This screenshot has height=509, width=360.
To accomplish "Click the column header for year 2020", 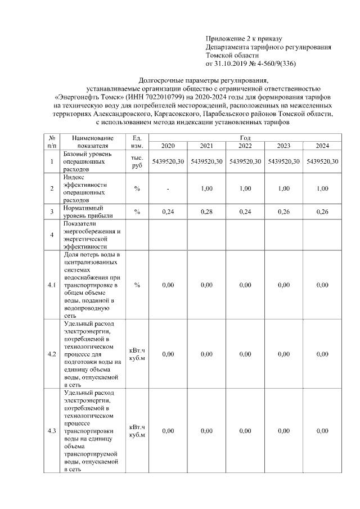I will point(168,146).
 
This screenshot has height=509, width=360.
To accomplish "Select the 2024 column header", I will point(322,146).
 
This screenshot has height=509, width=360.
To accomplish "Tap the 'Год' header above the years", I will point(245,138).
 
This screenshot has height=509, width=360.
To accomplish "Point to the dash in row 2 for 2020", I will point(168,188).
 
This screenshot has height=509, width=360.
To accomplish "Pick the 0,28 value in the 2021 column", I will point(206,211).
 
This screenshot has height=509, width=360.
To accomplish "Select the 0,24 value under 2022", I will point(245,211).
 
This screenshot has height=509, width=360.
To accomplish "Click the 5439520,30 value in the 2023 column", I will point(283,161).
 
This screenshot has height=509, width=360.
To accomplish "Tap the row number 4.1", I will point(52,285).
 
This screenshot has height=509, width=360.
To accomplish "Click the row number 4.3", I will point(52,431).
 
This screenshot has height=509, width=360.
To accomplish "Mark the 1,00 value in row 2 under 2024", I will point(322,188).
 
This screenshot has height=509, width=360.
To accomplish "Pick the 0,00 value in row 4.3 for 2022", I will point(245,431).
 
